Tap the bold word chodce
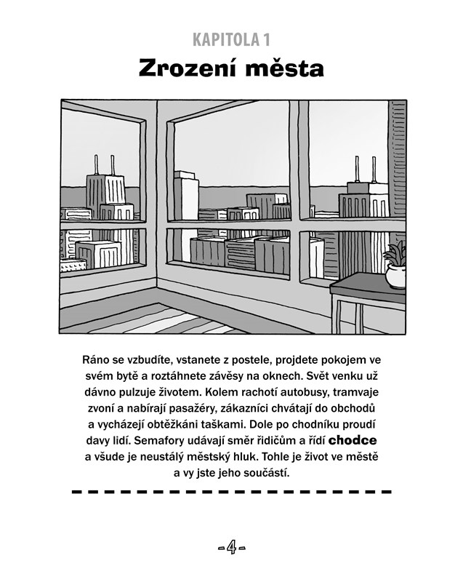click(353, 440)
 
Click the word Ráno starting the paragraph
click(98, 360)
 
